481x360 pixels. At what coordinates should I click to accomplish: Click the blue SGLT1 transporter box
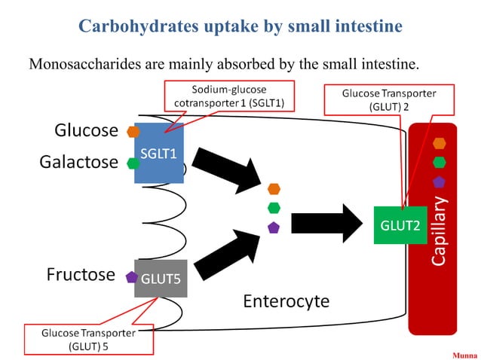(158, 153)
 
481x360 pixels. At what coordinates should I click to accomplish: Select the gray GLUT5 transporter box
(160, 277)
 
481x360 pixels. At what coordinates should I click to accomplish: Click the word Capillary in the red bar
(439, 230)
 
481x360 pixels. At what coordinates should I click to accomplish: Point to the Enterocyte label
(286, 301)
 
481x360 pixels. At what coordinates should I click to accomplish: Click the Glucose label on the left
(86, 130)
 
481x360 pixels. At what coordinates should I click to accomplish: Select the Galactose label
(78, 162)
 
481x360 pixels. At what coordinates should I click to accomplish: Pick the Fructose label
(80, 274)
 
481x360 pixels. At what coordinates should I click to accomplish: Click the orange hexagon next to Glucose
(133, 132)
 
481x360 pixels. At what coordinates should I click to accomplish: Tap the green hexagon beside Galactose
(133, 163)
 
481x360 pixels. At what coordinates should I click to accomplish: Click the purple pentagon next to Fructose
(131, 276)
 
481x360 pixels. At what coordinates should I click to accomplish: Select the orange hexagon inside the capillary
(439, 143)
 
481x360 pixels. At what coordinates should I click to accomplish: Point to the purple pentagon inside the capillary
(439, 181)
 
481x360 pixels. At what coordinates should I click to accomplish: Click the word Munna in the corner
(464, 352)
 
